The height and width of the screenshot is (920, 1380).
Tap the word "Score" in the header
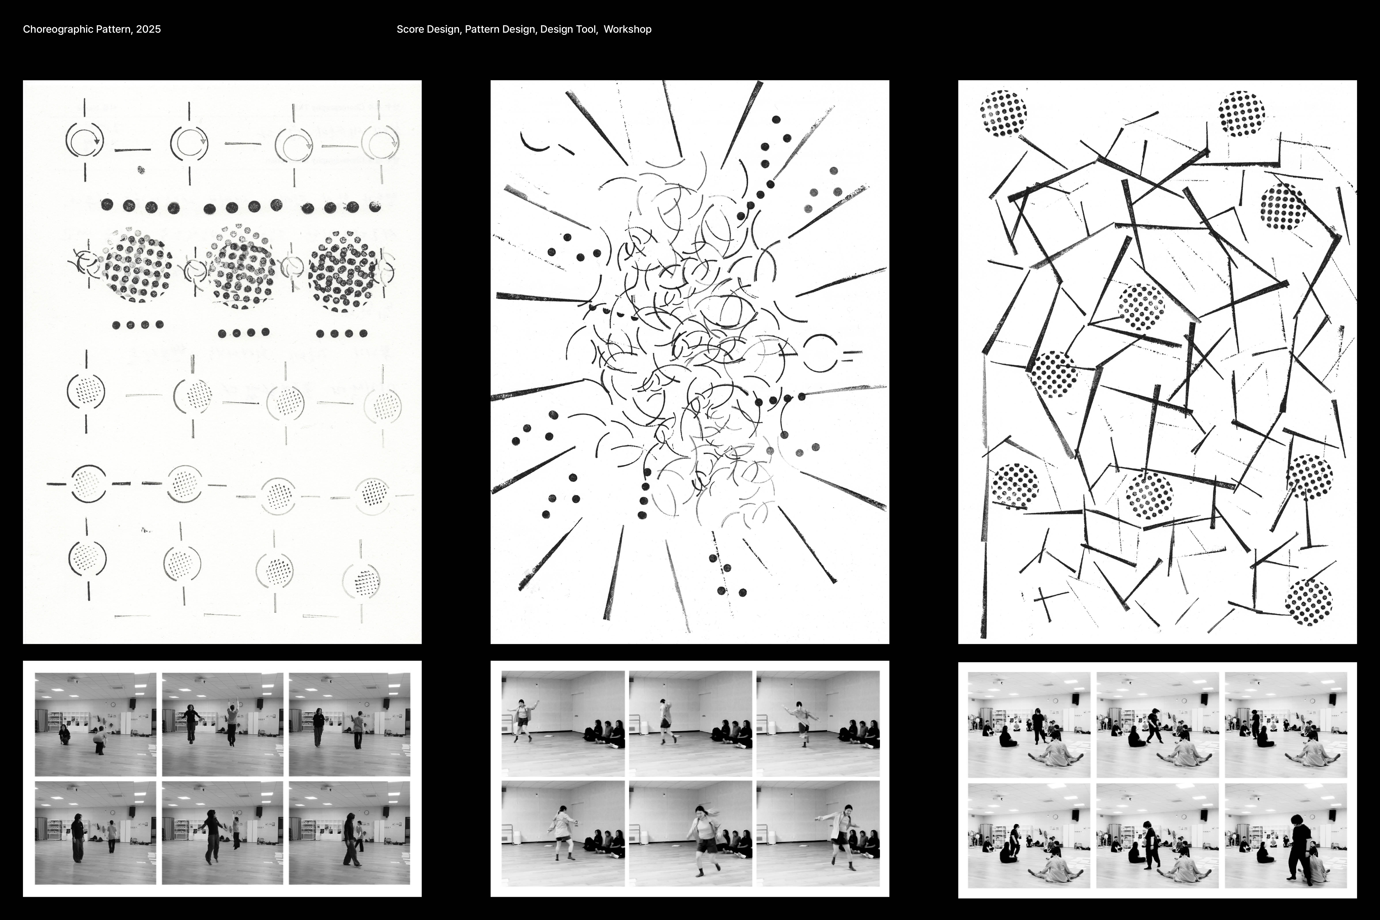410,29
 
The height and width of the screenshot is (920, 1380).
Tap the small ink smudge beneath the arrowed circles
141,170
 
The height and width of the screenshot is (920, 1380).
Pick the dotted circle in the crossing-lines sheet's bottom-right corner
1308,603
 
